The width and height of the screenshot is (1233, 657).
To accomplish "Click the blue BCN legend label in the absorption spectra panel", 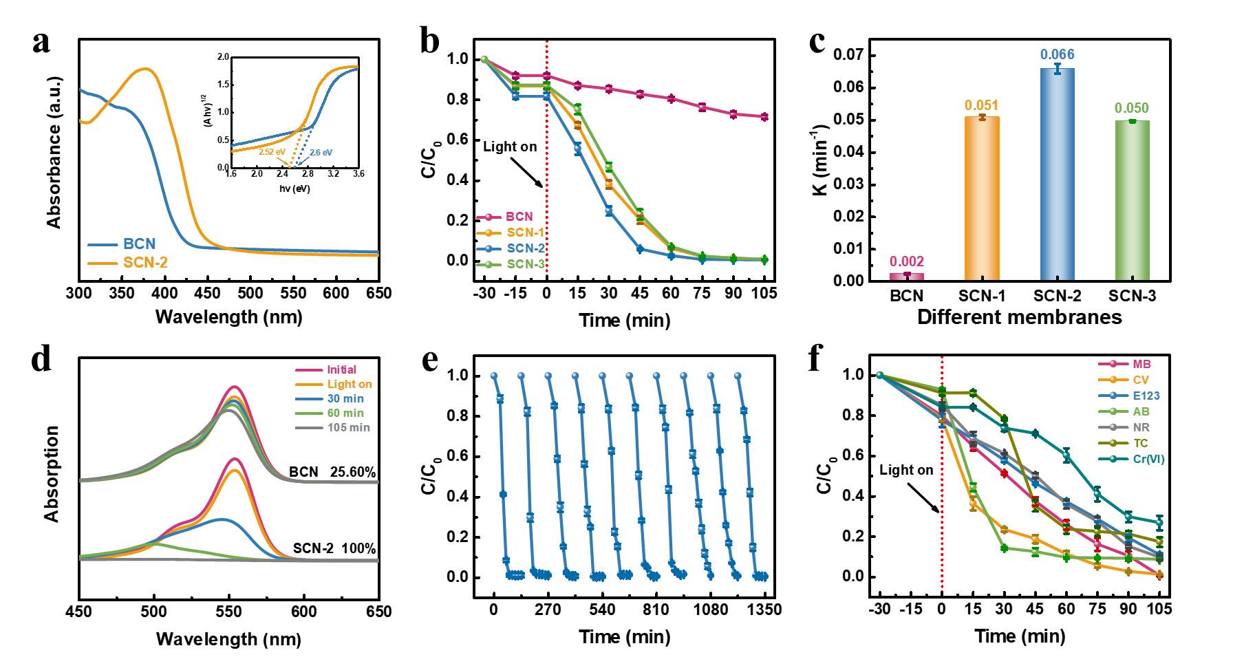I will (x=139, y=244).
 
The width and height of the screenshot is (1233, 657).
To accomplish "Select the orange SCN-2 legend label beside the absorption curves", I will (x=145, y=263).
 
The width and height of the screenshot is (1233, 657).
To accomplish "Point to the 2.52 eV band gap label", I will (x=272, y=152).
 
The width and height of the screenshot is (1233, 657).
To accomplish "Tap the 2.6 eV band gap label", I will (x=321, y=153).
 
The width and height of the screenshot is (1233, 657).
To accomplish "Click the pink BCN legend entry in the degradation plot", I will (x=519, y=217).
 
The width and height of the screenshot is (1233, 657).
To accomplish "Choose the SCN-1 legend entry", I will (x=525, y=233).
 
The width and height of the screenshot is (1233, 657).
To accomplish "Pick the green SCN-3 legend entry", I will (x=525, y=264).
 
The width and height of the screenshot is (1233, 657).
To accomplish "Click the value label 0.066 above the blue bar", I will (x=1057, y=54).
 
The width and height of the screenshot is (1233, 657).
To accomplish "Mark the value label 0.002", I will (x=907, y=261).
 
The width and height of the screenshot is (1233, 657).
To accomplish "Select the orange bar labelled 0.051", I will (x=982, y=199).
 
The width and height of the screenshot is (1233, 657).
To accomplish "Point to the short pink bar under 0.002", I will (x=907, y=277).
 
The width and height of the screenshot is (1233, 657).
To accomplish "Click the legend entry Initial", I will (x=341, y=369).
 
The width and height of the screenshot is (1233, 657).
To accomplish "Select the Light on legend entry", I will (x=350, y=384).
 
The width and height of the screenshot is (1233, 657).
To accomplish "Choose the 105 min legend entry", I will (x=348, y=427).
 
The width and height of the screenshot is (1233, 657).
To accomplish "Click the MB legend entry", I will (x=1141, y=364).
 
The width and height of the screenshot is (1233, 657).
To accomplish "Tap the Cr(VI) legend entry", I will (x=1148, y=459).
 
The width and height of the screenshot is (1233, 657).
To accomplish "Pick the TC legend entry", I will (x=1140, y=443).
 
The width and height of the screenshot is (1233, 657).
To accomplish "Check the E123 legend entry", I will (x=1146, y=396).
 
